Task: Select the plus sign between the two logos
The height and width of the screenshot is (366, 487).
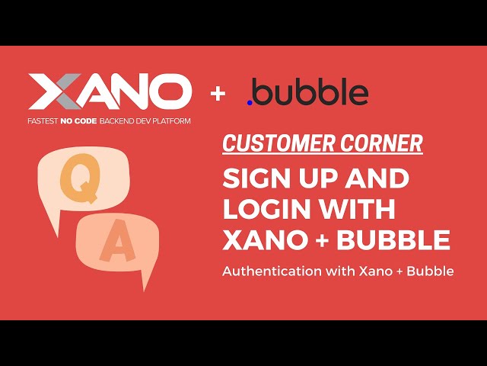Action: click(219, 94)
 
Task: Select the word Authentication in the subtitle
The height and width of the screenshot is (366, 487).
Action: click(272, 271)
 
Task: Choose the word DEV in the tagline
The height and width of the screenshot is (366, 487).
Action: click(145, 121)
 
